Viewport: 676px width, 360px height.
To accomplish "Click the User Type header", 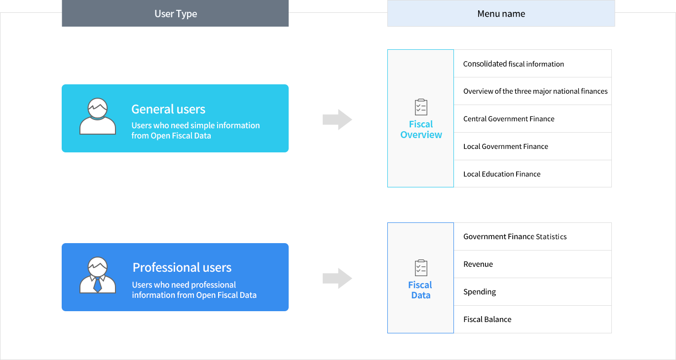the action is (175, 14).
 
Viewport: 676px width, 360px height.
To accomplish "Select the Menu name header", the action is (501, 14).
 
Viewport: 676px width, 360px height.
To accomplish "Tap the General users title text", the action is (168, 109).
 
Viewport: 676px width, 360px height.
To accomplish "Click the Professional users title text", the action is (182, 267).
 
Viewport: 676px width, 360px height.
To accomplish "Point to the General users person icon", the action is (98, 116).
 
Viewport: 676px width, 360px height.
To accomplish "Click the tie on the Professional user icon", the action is (98, 285).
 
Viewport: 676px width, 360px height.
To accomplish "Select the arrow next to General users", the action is (338, 119).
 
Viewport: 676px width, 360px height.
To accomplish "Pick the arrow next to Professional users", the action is (338, 278).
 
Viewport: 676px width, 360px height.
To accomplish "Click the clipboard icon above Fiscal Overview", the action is (421, 107).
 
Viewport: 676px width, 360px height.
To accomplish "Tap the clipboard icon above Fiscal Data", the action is (421, 268).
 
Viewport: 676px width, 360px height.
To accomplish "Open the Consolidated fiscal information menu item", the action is (513, 64).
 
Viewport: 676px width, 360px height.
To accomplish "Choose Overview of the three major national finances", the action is (535, 91).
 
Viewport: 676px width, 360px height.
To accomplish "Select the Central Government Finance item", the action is (509, 119).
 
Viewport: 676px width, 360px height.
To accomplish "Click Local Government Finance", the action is (505, 146).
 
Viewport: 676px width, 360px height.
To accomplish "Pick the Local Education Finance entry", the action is (502, 174).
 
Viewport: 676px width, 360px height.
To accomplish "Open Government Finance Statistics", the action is (515, 237).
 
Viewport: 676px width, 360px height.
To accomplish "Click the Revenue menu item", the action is (478, 264).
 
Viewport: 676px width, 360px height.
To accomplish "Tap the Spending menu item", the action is (480, 292).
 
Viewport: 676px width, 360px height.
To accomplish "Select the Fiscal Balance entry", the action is (488, 319).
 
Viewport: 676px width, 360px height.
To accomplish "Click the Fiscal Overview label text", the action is (421, 129).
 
